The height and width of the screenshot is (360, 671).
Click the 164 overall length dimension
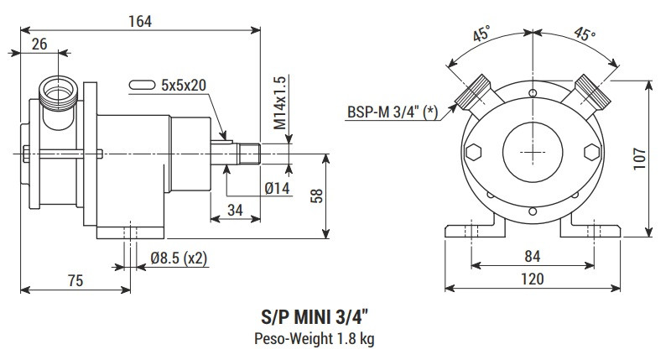click(x=140, y=22)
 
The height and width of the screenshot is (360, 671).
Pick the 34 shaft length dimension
click(x=237, y=210)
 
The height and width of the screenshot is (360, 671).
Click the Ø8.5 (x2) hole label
click(x=179, y=258)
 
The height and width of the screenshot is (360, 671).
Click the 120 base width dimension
click(x=532, y=279)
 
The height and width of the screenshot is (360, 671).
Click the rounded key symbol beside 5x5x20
click(x=143, y=85)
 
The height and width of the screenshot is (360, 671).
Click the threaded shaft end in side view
click(x=251, y=154)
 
